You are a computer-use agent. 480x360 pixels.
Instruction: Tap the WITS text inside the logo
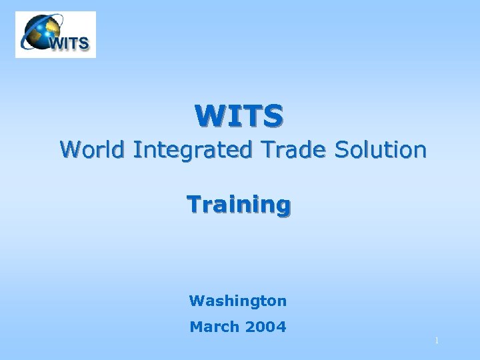click(68, 44)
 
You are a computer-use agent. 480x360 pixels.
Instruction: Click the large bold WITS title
click(239, 115)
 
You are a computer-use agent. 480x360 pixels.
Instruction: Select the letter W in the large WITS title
click(208, 115)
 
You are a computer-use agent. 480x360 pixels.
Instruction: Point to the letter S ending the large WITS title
click(273, 115)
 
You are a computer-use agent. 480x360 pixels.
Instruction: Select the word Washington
click(238, 301)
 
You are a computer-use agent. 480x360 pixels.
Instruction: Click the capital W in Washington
click(195, 301)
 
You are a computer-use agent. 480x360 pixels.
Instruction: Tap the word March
click(214, 327)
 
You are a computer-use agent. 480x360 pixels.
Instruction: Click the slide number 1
click(437, 341)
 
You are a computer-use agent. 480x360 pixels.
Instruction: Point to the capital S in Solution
click(341, 149)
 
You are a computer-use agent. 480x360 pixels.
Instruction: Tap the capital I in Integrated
click(135, 149)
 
